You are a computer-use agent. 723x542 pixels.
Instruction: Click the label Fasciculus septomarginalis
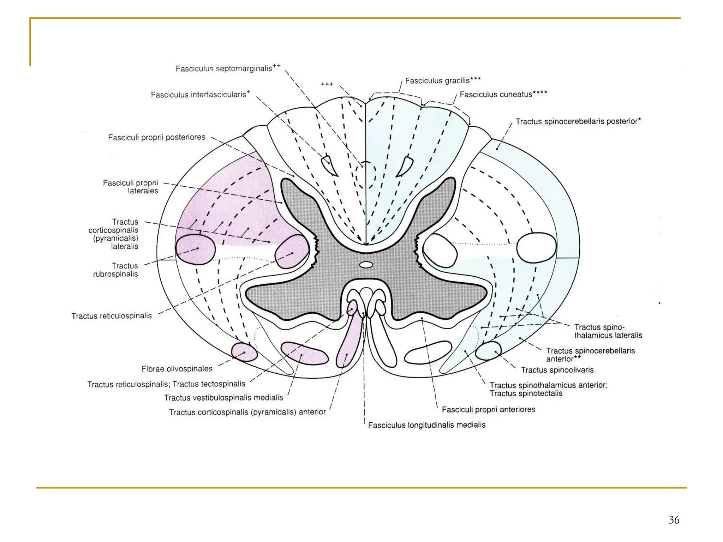(228, 68)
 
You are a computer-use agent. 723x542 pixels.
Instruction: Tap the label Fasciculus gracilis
(443, 81)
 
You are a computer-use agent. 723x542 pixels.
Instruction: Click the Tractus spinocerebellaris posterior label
(578, 122)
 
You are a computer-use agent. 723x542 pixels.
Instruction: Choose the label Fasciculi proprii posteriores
(156, 137)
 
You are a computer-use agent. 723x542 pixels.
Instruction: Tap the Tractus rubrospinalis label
(115, 270)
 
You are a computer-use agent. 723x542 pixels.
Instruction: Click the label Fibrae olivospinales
(177, 369)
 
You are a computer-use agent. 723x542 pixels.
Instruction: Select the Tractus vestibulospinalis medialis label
(223, 398)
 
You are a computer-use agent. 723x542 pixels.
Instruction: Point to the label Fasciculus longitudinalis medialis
(426, 425)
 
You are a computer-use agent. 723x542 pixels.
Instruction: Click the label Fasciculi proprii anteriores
(488, 410)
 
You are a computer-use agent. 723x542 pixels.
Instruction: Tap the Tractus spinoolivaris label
(557, 370)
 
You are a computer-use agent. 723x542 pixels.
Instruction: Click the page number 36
(674, 520)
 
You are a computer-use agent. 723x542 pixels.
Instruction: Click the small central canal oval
(366, 265)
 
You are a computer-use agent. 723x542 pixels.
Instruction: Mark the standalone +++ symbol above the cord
(327, 84)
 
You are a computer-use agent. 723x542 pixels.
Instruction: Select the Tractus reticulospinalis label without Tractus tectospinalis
(112, 316)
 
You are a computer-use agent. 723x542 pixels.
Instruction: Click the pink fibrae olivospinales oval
(244, 352)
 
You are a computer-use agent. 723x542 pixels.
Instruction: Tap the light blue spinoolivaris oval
(488, 350)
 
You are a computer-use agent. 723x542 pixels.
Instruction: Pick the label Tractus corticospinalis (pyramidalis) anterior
(247, 412)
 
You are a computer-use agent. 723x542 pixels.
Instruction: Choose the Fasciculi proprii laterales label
(131, 187)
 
